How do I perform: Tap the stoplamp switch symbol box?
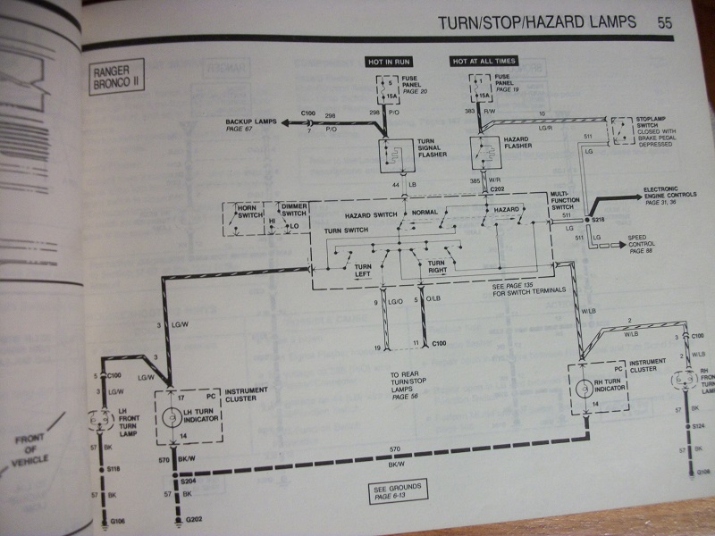(624, 133)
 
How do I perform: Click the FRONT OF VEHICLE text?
(35, 452)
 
